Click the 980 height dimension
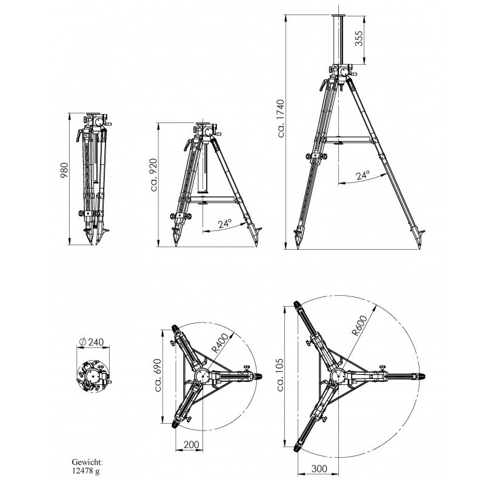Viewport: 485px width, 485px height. coord(64,170)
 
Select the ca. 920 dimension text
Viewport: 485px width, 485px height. coord(154,175)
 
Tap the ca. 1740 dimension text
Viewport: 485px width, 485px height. coord(281,118)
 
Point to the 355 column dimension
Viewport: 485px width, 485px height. coord(359,38)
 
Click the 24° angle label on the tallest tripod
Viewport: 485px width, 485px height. coord(363,175)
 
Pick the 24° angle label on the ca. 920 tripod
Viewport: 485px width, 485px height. coord(225,223)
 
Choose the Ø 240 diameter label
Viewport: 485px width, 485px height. coord(92,342)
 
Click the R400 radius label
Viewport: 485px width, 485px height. coord(220,343)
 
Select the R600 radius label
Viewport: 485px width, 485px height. coord(360,326)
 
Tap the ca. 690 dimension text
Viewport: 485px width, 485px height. coord(158,375)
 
